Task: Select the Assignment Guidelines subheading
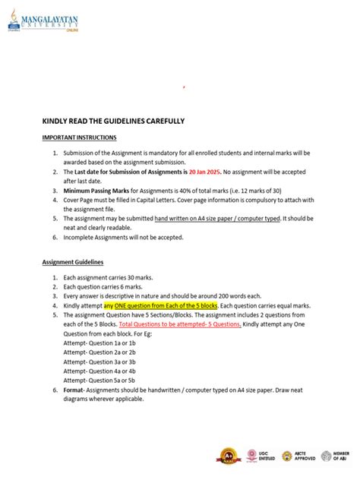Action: tap(77, 263)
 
